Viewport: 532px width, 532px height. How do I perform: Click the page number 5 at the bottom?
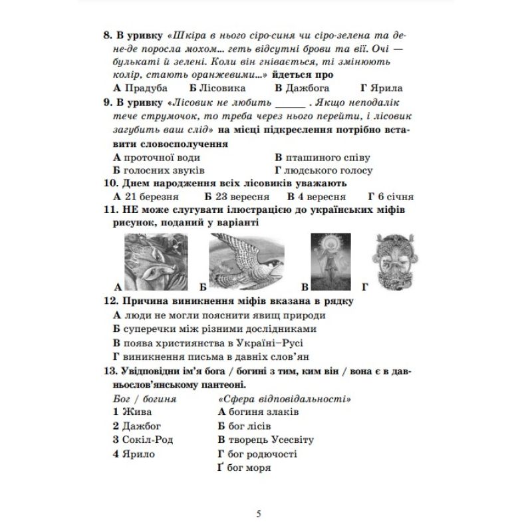click(x=259, y=513)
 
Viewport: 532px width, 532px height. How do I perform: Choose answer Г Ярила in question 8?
click(x=382, y=87)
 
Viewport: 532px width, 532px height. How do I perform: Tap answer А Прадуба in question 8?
click(x=140, y=87)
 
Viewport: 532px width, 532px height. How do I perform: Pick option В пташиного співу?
click(x=322, y=158)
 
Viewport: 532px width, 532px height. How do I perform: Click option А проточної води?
click(x=156, y=158)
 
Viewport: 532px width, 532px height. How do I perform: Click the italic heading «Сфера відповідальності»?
click(x=284, y=398)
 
